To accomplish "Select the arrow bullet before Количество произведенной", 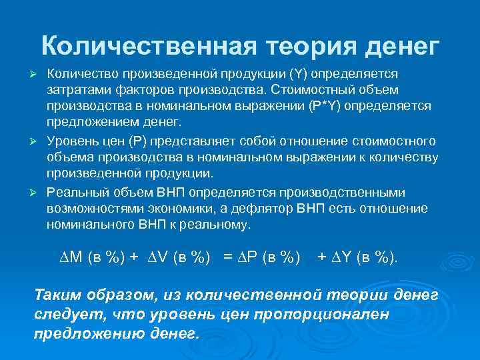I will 37,72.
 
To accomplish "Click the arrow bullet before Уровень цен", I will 37,141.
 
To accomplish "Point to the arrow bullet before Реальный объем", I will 37,193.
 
